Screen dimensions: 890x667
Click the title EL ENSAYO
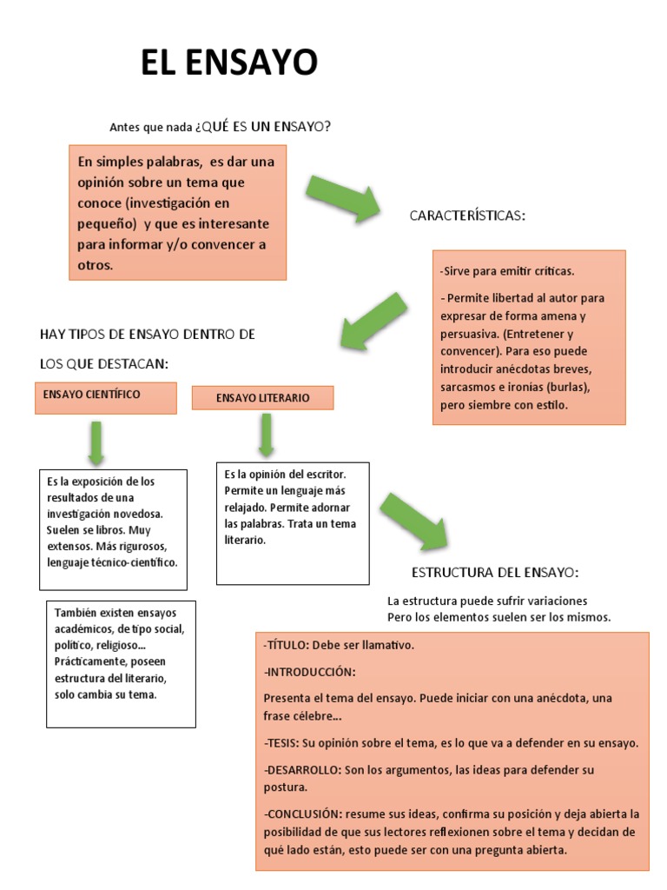(x=229, y=63)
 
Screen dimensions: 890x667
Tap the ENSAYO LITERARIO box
(x=262, y=398)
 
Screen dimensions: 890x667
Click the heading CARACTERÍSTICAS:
(x=467, y=216)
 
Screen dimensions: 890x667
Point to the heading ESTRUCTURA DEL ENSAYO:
(x=494, y=572)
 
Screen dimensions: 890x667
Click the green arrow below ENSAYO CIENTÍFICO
(x=96, y=442)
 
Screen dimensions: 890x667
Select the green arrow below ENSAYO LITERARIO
(x=266, y=434)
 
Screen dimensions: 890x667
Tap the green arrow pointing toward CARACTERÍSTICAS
(x=344, y=196)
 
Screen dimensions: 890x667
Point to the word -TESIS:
(x=281, y=743)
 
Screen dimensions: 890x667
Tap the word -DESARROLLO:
(x=301, y=770)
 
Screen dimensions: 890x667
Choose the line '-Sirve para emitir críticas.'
(x=507, y=271)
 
